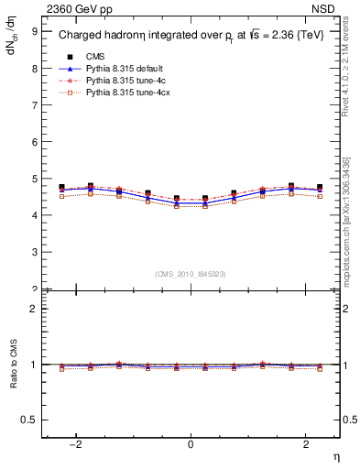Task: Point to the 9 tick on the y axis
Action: click(x=34, y=31)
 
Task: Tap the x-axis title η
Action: click(x=335, y=456)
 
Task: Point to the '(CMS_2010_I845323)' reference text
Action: click(x=191, y=275)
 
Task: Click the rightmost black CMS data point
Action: click(x=320, y=187)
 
